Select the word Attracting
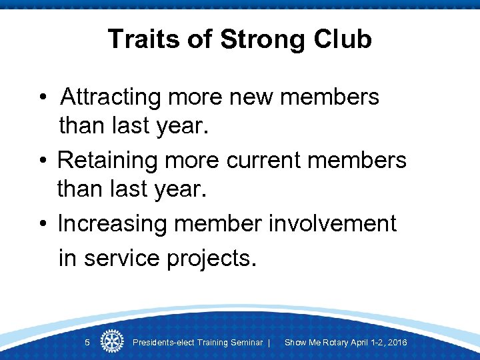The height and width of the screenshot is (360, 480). tap(110, 97)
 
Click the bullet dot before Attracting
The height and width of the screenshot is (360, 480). tap(41, 99)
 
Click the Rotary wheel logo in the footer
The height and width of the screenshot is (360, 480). tap(111, 342)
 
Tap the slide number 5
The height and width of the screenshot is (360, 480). tap(87, 343)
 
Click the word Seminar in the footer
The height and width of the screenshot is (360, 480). tap(246, 343)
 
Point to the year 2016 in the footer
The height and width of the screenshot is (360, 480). tap(396, 343)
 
